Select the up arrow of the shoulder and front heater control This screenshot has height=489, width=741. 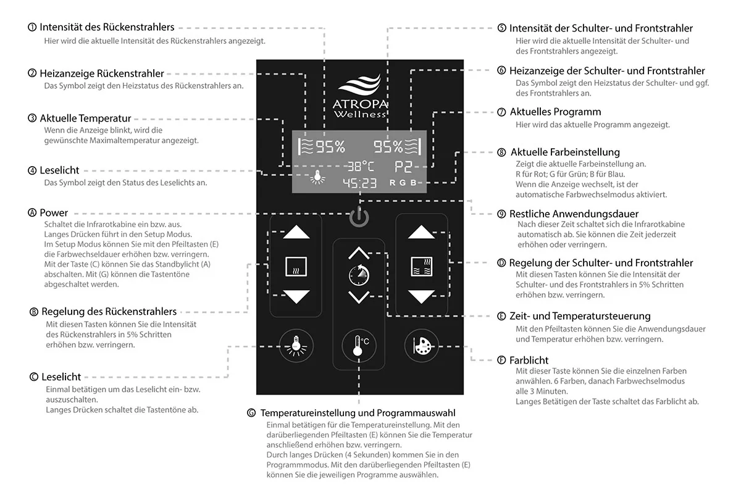coord(422,233)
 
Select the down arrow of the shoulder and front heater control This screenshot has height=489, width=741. coord(422,296)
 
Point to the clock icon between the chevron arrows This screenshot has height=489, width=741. coord(359,274)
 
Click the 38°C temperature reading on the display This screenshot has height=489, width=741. coord(359,166)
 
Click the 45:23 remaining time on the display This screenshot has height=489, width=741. coord(359,183)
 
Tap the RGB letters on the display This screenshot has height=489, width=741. coord(408,183)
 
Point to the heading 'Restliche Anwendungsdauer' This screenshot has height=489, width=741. coord(565,214)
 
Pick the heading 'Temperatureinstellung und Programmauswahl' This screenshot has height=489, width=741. coord(358,412)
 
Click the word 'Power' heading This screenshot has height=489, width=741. coord(54,213)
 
